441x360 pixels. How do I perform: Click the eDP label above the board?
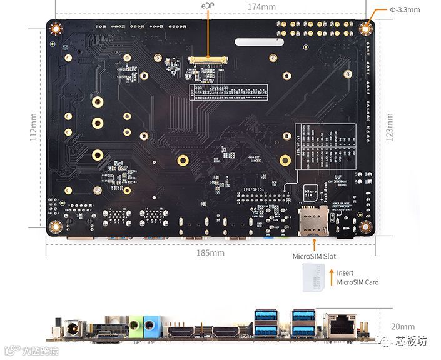click(207, 6)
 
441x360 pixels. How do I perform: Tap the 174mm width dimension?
click(261, 7)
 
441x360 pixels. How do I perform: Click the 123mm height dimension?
click(390, 127)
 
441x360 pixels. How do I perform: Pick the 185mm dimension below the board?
click(210, 252)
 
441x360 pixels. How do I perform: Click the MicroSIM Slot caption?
click(313, 256)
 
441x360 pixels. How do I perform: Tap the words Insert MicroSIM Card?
click(357, 277)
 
